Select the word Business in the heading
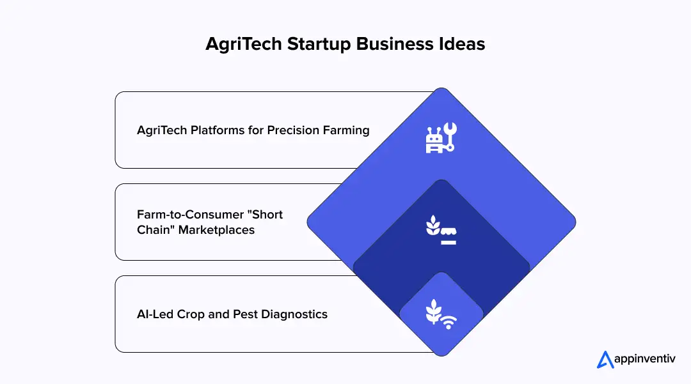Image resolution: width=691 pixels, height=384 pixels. [x=391, y=44]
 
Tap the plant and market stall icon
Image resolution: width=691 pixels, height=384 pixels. [x=441, y=232]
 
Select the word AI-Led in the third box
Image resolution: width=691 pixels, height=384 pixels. [x=154, y=314]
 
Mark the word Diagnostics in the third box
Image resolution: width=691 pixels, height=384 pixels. [x=297, y=314]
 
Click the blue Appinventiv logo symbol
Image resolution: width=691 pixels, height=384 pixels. [x=605, y=360]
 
